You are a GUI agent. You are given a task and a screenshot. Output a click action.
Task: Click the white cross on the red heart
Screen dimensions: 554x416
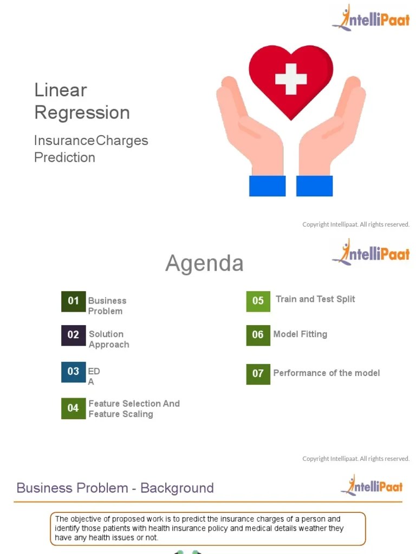(291, 79)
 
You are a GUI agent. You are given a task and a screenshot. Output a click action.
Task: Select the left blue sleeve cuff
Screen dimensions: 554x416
(267, 186)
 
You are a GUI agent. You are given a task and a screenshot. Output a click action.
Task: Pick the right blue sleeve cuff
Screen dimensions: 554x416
(315, 186)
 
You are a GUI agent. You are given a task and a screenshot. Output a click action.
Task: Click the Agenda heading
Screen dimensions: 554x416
(204, 263)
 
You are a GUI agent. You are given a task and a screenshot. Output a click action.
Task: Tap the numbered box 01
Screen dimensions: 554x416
(73, 301)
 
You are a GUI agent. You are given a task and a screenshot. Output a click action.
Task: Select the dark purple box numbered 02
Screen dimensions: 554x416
(73, 335)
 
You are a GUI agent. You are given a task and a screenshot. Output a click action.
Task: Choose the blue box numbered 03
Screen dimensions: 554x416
(73, 372)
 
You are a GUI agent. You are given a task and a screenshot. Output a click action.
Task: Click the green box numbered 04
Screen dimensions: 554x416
(73, 408)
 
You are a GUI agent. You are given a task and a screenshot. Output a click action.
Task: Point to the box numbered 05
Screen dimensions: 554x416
(258, 301)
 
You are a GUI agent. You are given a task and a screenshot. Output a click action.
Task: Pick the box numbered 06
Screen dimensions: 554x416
(258, 335)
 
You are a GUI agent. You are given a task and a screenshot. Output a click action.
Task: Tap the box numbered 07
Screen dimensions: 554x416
(258, 373)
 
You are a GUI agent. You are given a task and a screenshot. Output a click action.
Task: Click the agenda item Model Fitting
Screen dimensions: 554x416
(300, 334)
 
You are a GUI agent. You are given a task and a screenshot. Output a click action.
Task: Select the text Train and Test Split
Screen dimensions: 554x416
(315, 299)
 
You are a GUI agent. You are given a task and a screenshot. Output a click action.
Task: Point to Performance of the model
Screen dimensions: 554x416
(327, 373)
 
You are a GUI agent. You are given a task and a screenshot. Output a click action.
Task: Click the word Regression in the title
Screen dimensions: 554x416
(82, 113)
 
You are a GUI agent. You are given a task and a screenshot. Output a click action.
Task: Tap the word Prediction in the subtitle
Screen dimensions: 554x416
(64, 157)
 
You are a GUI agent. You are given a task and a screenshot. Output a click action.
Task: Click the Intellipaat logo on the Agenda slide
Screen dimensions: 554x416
(371, 253)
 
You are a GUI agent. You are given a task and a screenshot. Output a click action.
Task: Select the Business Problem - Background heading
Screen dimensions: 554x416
(115, 488)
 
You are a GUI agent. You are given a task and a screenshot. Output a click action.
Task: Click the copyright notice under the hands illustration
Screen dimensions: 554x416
(356, 225)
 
